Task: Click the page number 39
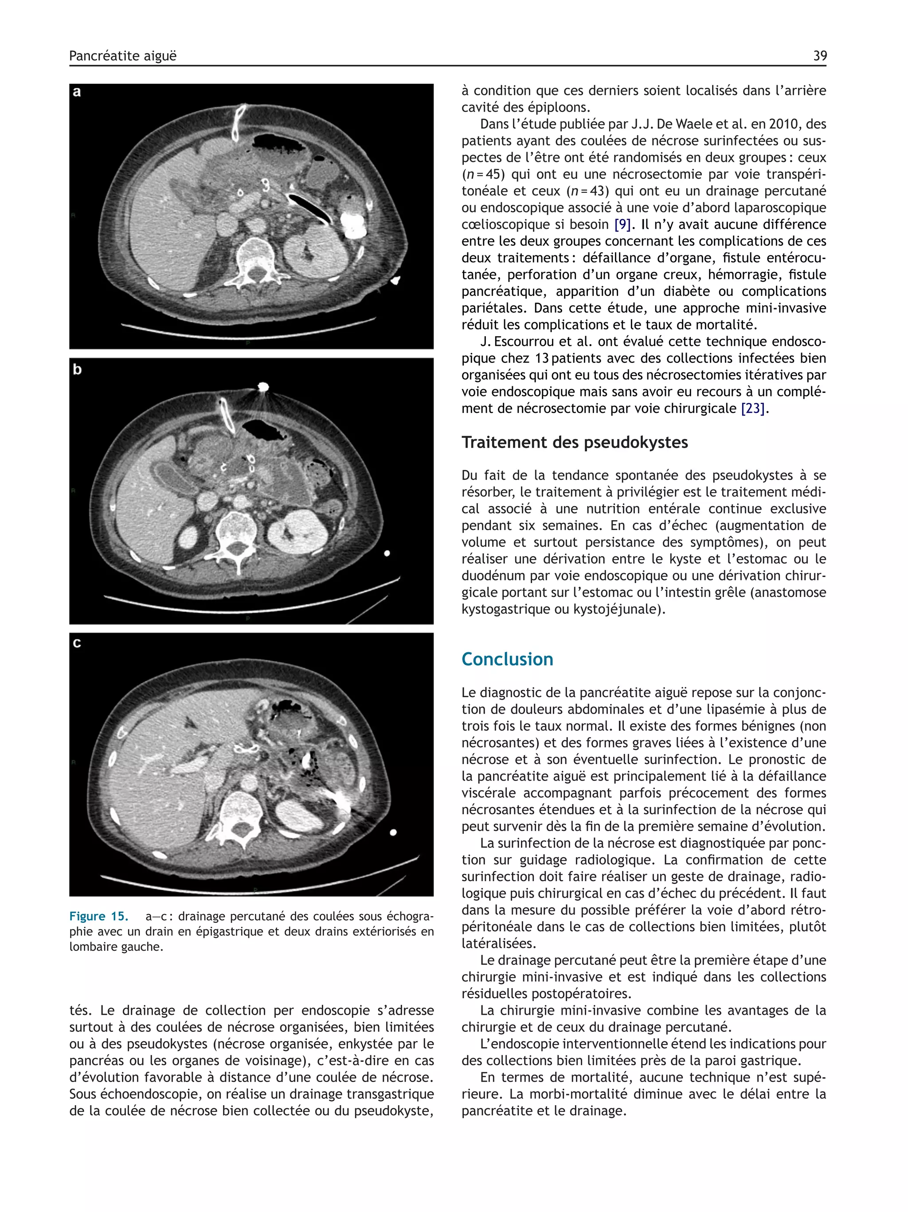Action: [x=819, y=56]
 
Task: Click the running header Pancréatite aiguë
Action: [x=123, y=56]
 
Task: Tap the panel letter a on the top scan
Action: [x=77, y=92]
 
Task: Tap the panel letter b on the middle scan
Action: [x=77, y=370]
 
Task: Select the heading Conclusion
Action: [x=507, y=659]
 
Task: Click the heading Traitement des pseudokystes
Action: [x=574, y=442]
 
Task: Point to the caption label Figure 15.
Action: [x=98, y=916]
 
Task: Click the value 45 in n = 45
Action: [x=494, y=175]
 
